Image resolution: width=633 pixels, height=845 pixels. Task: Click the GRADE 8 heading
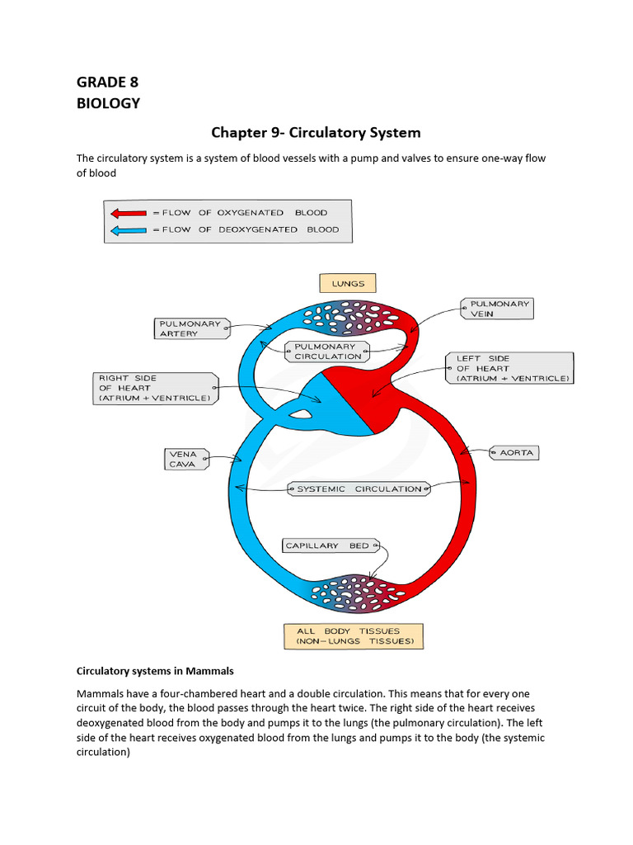pyautogui.click(x=107, y=82)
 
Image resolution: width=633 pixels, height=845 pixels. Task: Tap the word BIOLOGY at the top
pyautogui.click(x=108, y=103)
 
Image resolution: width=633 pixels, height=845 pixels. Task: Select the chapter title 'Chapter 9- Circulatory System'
pyautogui.click(x=316, y=132)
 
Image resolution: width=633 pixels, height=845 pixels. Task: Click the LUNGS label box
pyautogui.click(x=348, y=283)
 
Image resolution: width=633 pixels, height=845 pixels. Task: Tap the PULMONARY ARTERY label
pyautogui.click(x=189, y=328)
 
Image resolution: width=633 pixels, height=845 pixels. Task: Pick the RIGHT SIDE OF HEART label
pyautogui.click(x=155, y=388)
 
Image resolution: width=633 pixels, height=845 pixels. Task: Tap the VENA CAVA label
pyautogui.click(x=185, y=459)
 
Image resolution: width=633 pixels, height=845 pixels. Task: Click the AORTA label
pyautogui.click(x=516, y=452)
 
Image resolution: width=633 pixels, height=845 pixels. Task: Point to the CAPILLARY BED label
pyautogui.click(x=328, y=545)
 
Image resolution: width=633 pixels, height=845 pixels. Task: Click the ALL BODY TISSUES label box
pyautogui.click(x=354, y=635)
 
